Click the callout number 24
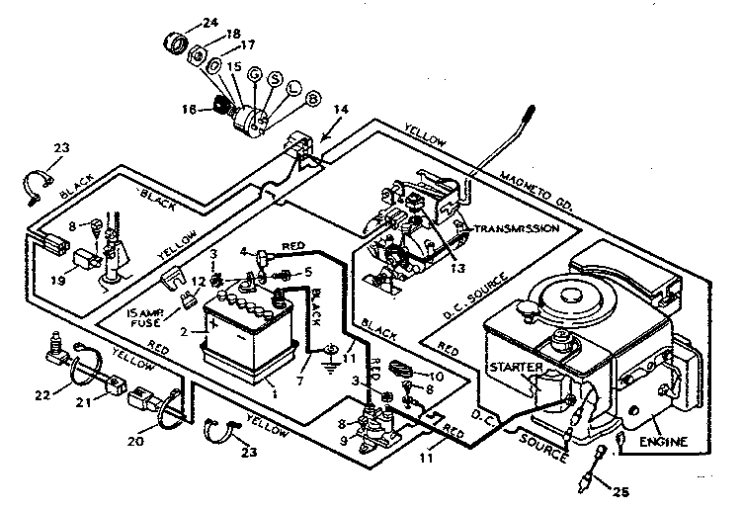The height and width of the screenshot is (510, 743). (209, 23)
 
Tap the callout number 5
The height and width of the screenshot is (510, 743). (309, 272)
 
